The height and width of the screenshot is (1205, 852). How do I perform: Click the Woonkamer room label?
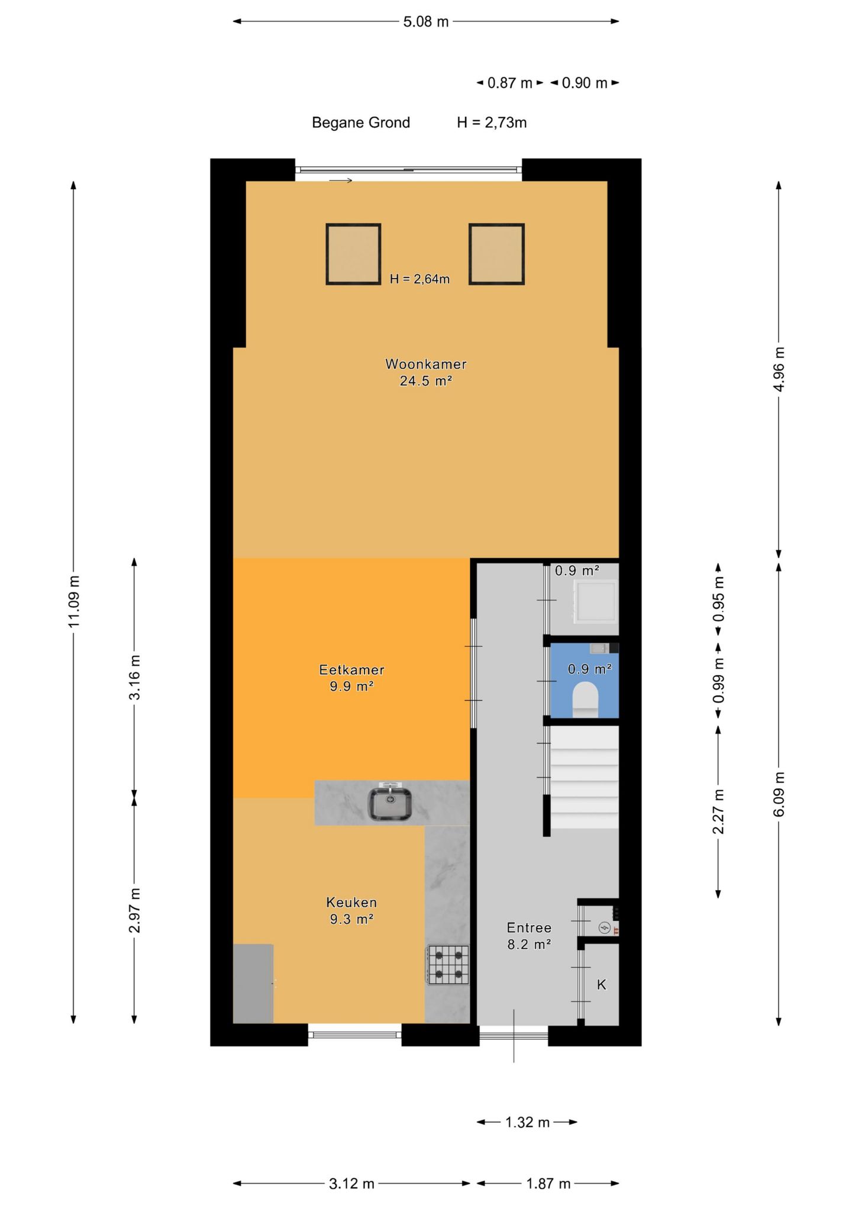click(x=426, y=364)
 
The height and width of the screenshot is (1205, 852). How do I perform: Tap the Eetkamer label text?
click(x=351, y=669)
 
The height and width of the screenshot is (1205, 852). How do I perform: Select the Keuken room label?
click(x=351, y=902)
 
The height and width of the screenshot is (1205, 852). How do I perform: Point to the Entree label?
click(x=529, y=927)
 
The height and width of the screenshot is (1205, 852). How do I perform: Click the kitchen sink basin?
click(x=390, y=804)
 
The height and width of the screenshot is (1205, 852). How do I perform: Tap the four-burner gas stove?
click(x=448, y=964)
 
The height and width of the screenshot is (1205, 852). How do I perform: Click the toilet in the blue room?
click(x=586, y=698)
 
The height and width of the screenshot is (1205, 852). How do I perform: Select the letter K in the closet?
click(x=601, y=984)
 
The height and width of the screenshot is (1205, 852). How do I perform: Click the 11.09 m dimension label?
click(x=73, y=601)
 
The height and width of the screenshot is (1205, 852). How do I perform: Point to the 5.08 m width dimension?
click(x=426, y=22)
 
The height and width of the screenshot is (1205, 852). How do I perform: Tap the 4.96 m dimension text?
click(x=779, y=369)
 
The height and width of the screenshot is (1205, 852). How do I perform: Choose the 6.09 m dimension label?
click(x=779, y=794)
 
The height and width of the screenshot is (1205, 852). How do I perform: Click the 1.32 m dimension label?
click(x=527, y=1122)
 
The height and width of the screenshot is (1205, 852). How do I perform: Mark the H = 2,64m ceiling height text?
click(x=419, y=279)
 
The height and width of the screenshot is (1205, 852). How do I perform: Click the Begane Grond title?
click(x=361, y=123)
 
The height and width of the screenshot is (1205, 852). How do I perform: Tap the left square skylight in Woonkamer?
click(x=353, y=254)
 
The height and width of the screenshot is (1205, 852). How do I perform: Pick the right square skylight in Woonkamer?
click(x=496, y=254)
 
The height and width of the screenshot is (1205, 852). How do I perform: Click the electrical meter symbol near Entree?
click(x=604, y=927)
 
